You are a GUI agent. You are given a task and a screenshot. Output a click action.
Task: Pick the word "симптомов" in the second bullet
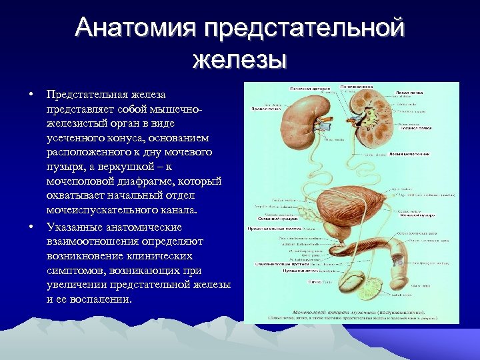[75, 270]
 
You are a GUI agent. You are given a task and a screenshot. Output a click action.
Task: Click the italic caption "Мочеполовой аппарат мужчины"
[333, 311]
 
